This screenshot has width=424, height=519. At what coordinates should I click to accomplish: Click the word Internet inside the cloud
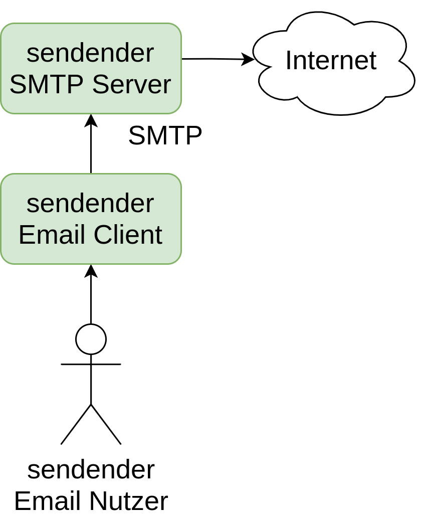(331, 60)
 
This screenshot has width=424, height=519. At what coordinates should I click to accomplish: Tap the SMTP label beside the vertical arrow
(165, 135)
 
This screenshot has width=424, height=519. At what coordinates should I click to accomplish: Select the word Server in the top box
(132, 84)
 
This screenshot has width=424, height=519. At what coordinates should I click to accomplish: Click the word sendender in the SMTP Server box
(90, 53)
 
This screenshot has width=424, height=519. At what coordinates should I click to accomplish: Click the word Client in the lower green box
(128, 235)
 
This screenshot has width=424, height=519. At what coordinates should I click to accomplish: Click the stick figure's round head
(91, 339)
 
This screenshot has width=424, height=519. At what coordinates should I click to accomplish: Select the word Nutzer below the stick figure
(129, 501)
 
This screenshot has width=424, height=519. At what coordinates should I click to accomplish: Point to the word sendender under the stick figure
(91, 470)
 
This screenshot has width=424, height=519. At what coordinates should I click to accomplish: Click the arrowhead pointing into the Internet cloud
(248, 59)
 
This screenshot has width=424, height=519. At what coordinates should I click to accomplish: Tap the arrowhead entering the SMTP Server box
(91, 120)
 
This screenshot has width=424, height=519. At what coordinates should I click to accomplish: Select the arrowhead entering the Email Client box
(91, 271)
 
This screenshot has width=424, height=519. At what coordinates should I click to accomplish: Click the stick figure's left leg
(76, 424)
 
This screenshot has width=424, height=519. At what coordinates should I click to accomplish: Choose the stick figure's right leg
(106, 424)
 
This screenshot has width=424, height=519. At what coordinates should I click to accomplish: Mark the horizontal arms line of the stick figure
(91, 365)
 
